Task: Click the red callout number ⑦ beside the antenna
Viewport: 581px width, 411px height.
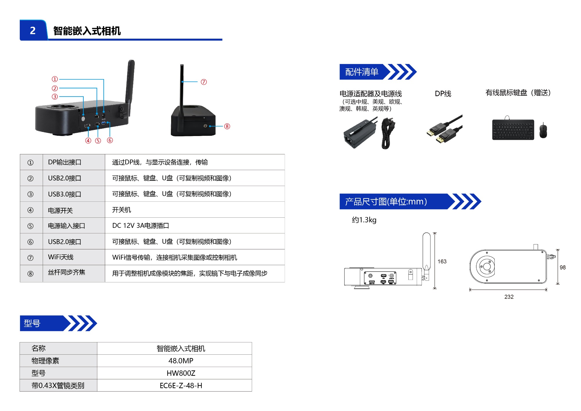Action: point(204,82)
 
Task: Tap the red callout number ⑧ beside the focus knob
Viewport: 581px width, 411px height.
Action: point(227,126)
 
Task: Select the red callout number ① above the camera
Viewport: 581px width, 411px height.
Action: point(55,79)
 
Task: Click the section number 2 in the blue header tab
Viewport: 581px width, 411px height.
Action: point(33,31)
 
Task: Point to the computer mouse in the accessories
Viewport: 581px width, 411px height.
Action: point(543,130)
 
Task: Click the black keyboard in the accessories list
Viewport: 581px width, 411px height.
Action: point(513,129)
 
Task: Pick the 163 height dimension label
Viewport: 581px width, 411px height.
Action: point(442,261)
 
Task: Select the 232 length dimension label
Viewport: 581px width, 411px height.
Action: point(509,297)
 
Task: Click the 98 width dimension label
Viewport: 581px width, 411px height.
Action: point(563,267)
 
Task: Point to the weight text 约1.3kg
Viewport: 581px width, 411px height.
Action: point(364,220)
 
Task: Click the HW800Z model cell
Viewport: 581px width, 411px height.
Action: point(181,373)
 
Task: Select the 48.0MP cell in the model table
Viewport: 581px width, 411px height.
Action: point(181,361)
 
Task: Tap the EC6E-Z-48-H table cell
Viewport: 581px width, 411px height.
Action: point(181,385)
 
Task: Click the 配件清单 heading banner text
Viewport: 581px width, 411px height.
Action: point(362,72)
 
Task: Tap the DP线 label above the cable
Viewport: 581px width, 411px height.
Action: point(443,94)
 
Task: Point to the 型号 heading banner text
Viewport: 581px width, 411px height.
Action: point(32,323)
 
